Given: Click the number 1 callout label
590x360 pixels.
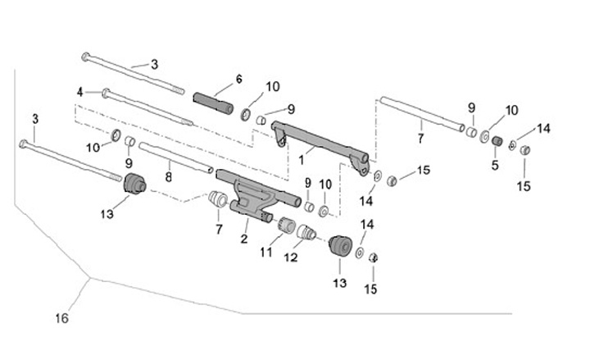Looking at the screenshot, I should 302,152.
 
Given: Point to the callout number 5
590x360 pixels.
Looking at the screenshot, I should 494,166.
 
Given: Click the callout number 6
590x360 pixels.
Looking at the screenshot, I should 239,79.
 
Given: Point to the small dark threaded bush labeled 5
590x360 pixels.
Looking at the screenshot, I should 495,144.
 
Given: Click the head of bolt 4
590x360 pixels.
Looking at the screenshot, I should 105,92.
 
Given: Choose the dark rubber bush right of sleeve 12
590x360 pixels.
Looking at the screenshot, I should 338,247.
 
